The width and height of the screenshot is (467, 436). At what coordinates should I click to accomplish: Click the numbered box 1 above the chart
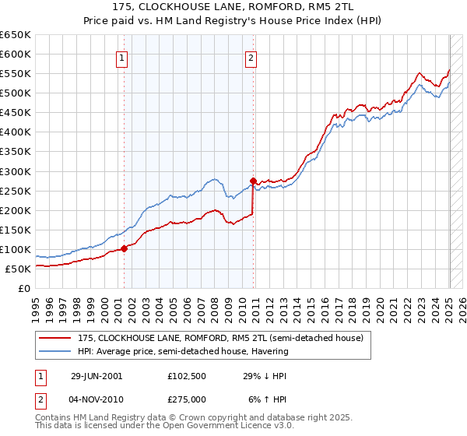point(123,57)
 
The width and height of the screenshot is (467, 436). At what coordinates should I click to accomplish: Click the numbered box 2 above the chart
point(251,57)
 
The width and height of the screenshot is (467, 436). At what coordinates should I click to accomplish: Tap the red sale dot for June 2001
point(125,249)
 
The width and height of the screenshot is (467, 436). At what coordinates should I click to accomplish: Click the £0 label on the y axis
point(23,289)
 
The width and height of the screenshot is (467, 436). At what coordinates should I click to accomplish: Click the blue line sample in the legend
point(55,351)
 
